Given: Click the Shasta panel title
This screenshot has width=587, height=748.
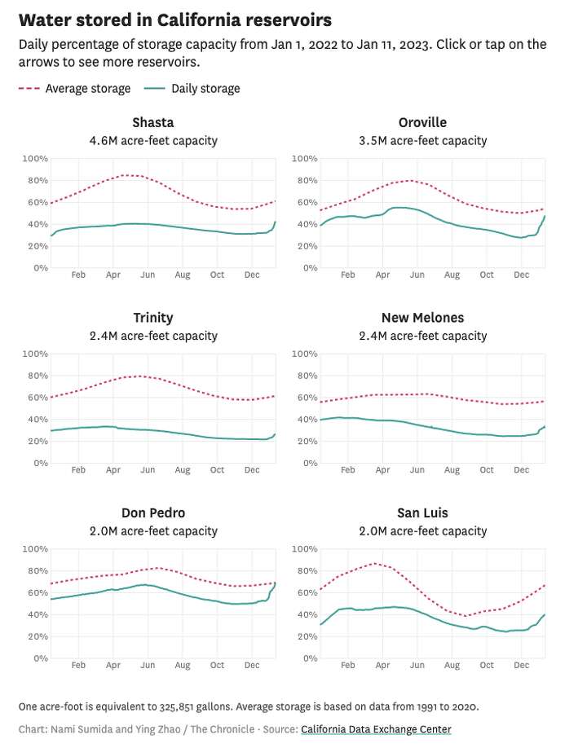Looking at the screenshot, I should click(153, 123).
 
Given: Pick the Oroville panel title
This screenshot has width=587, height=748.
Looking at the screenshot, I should click(422, 123).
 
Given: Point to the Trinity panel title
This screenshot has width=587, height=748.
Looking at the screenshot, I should click(153, 318).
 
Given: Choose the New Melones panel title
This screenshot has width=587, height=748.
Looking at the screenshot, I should click(422, 318).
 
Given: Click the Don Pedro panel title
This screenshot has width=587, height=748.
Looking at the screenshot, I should click(153, 513).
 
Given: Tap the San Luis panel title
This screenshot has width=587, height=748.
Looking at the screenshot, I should click(422, 513).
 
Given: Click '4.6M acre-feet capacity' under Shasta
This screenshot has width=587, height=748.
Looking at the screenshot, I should click(153, 140).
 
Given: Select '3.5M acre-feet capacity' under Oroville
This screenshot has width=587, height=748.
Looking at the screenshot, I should click(422, 140).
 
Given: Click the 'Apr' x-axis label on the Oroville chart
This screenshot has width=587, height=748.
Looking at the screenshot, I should click(382, 275).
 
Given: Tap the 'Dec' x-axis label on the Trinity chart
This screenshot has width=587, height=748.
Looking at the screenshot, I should click(251, 470).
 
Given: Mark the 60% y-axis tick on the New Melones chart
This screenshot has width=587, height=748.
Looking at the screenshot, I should click(304, 398).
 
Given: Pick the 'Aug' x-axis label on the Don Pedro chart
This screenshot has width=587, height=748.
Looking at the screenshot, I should click(182, 666).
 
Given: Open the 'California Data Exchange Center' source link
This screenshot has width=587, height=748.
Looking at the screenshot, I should click(376, 729).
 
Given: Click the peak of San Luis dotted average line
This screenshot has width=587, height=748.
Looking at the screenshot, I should click(375, 563).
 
